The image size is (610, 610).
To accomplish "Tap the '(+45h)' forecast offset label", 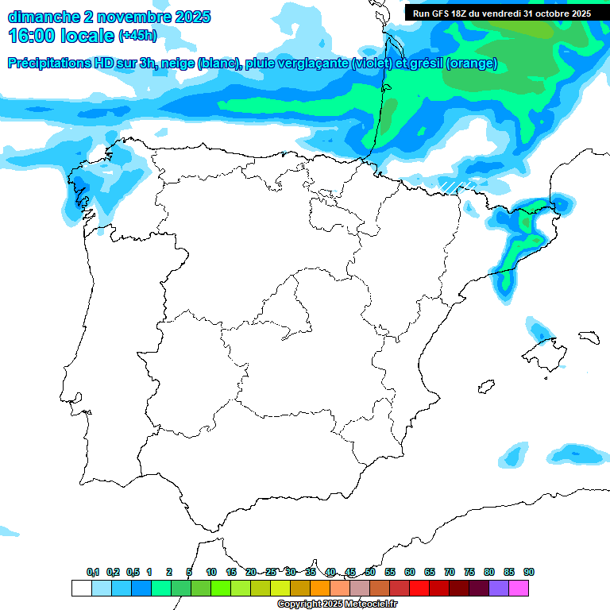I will (x=137, y=36).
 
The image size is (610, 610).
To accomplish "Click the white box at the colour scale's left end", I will (x=81, y=588).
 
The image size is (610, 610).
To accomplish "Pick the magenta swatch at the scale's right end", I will (x=519, y=588).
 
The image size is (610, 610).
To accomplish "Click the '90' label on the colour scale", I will (x=528, y=572).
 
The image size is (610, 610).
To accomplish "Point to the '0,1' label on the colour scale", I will (x=92, y=572).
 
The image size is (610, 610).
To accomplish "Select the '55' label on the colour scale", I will (x=390, y=572).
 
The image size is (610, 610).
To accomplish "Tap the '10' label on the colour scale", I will (x=210, y=572).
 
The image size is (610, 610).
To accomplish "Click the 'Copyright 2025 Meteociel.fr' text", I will (x=337, y=604).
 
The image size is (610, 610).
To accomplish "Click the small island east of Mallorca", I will (x=588, y=337).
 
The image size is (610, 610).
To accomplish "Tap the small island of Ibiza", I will (x=484, y=387).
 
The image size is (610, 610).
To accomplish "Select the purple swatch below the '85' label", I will (x=499, y=588).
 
